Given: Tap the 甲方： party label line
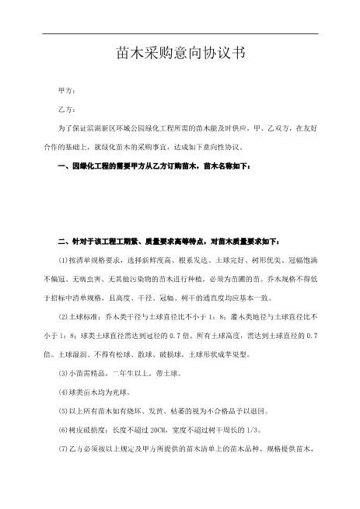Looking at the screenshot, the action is (67, 92).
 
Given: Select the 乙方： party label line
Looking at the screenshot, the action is (67, 109).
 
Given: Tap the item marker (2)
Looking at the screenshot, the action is (64, 316).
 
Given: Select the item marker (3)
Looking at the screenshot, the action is (64, 374).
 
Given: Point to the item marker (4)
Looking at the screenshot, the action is (64, 392).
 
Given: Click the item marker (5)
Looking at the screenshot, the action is (64, 412).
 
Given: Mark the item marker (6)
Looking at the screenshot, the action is (64, 431).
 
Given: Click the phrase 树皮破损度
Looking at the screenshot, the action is (89, 431).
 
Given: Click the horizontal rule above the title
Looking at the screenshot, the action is (180, 33).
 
